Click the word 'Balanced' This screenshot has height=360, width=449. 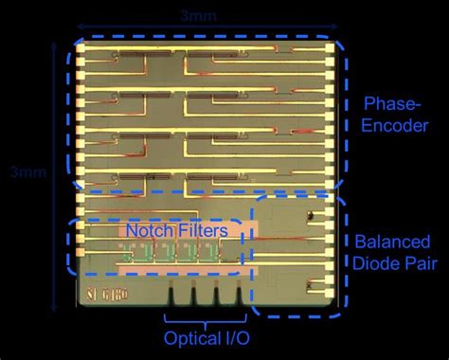(x=392, y=241)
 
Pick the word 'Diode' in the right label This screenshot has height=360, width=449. (x=377, y=261)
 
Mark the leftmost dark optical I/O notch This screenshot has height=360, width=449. (x=171, y=295)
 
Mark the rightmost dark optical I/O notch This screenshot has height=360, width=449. (x=233, y=295)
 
